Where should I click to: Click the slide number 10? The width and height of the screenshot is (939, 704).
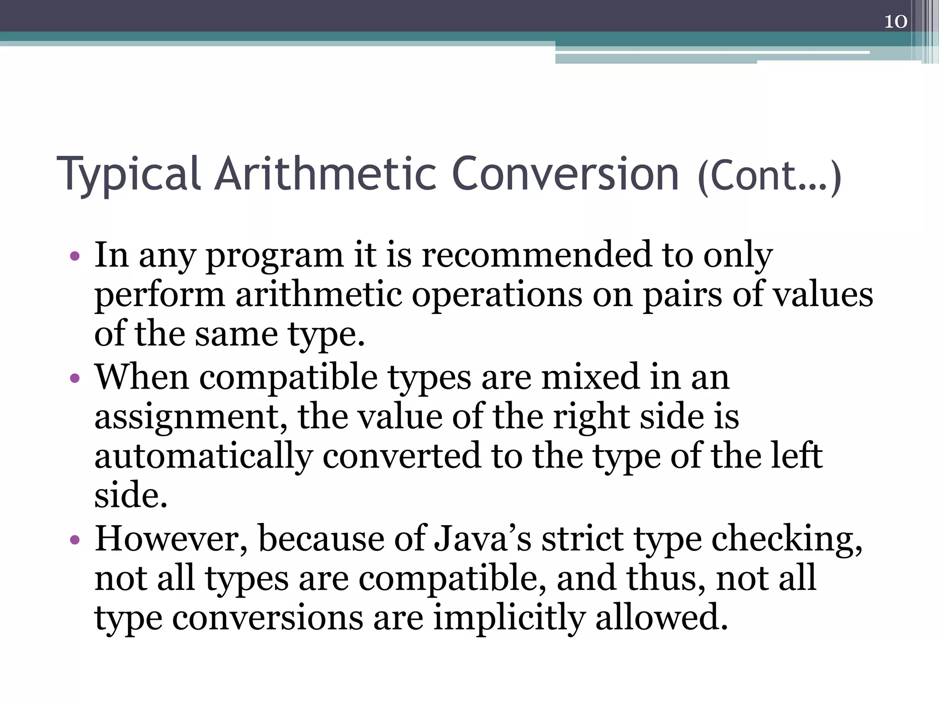pyautogui.click(x=895, y=22)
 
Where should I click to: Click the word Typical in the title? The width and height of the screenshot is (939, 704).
pyautogui.click(x=128, y=174)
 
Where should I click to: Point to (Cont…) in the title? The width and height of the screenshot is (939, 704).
pyautogui.click(x=769, y=176)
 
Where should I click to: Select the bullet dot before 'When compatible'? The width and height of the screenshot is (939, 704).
pyautogui.click(x=75, y=379)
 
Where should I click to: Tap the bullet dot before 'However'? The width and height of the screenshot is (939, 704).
pyautogui.click(x=75, y=540)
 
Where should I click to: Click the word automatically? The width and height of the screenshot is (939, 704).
pyautogui.click(x=204, y=457)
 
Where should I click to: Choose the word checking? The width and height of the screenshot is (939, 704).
pyautogui.click(x=787, y=540)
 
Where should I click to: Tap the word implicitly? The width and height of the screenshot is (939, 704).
pyautogui.click(x=509, y=619)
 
